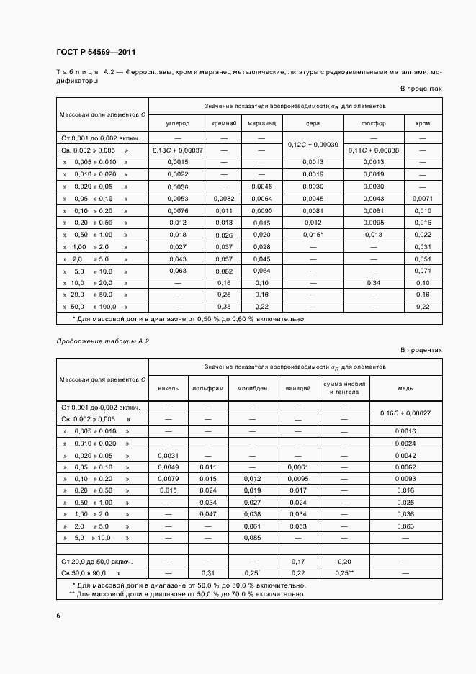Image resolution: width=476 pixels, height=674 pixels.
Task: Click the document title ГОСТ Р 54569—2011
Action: pos(96,53)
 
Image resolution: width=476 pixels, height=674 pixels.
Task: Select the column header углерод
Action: pos(177,123)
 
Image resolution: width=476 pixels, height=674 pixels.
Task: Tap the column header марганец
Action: pos(262,123)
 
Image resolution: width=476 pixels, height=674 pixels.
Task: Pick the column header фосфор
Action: pos(374,123)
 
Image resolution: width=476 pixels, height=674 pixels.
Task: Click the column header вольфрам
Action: pos(207,388)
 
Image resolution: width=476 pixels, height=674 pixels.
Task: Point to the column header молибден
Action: pos(253,388)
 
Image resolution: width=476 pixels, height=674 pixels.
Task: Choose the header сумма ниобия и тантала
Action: pos(343,388)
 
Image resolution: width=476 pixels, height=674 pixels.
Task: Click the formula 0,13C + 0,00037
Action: pos(177,150)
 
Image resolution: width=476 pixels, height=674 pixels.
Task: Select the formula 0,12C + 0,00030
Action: pos(313,144)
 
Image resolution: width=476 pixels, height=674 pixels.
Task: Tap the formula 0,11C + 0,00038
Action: pos(374,150)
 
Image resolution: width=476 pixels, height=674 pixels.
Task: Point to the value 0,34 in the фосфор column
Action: pos(374,283)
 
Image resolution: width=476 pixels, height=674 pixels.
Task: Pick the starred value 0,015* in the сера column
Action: pos(313,235)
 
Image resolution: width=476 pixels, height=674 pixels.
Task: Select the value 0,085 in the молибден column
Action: pos(253,537)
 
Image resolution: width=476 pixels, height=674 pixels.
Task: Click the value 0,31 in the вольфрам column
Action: pos(207,572)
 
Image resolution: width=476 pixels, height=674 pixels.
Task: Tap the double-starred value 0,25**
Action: pos(343,572)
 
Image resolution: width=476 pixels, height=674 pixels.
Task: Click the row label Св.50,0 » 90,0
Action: pos(89,572)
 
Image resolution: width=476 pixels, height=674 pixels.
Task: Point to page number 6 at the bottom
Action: pos(58,615)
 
